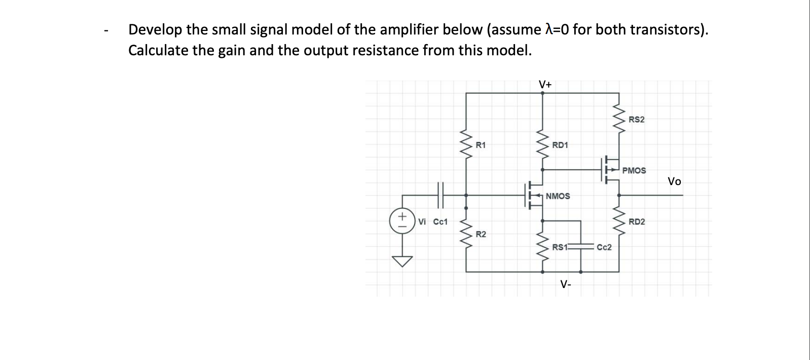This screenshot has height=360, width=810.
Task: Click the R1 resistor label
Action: [126, 146]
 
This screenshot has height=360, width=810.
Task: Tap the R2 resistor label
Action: [126, 234]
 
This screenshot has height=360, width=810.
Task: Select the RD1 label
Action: [560, 146]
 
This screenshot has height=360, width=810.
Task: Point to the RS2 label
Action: [637, 120]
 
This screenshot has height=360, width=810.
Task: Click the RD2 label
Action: [637, 222]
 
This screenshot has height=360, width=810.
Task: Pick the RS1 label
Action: [560, 247]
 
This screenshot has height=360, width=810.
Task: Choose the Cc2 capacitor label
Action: [604, 247]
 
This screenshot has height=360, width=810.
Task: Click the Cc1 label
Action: [86, 222]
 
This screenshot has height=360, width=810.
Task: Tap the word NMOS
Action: [558, 196]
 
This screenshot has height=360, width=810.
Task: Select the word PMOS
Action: [634, 171]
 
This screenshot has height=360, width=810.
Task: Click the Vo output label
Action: [674, 182]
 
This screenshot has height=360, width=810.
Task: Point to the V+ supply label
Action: [545, 84]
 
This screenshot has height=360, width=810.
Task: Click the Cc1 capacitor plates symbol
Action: [86, 195]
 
